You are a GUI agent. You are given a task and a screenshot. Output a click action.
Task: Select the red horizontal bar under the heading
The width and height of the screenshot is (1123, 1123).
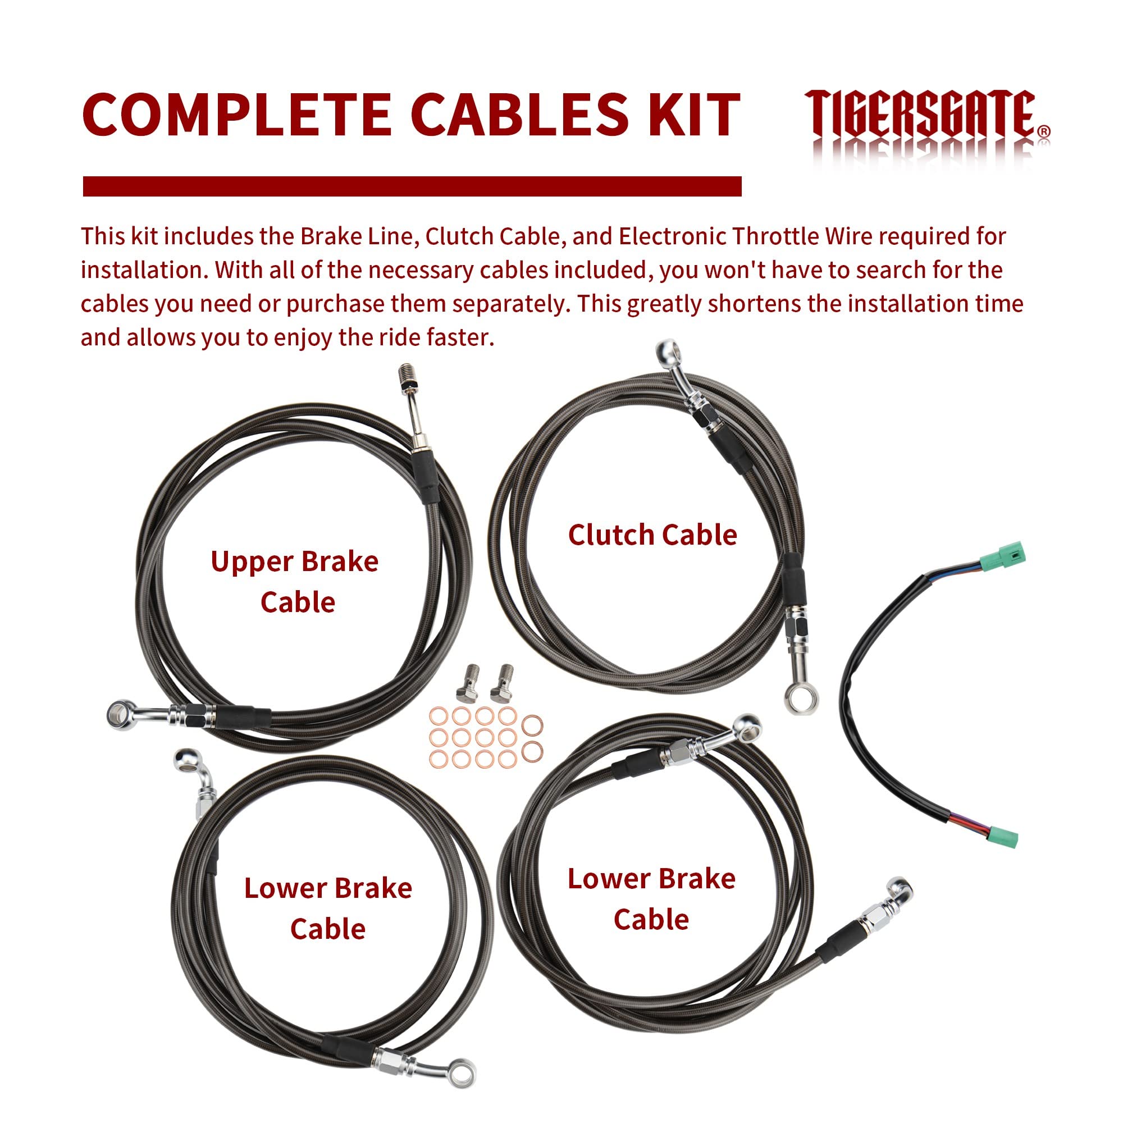click(412, 186)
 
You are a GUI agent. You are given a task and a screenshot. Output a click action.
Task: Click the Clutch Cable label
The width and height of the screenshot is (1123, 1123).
click(652, 535)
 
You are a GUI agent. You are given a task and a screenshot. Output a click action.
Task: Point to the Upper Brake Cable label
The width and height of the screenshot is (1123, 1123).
click(295, 582)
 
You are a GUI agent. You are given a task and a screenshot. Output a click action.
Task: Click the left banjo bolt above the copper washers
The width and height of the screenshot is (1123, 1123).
click(464, 683)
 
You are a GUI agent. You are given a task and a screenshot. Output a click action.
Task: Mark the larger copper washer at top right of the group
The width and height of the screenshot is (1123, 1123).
click(532, 726)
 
